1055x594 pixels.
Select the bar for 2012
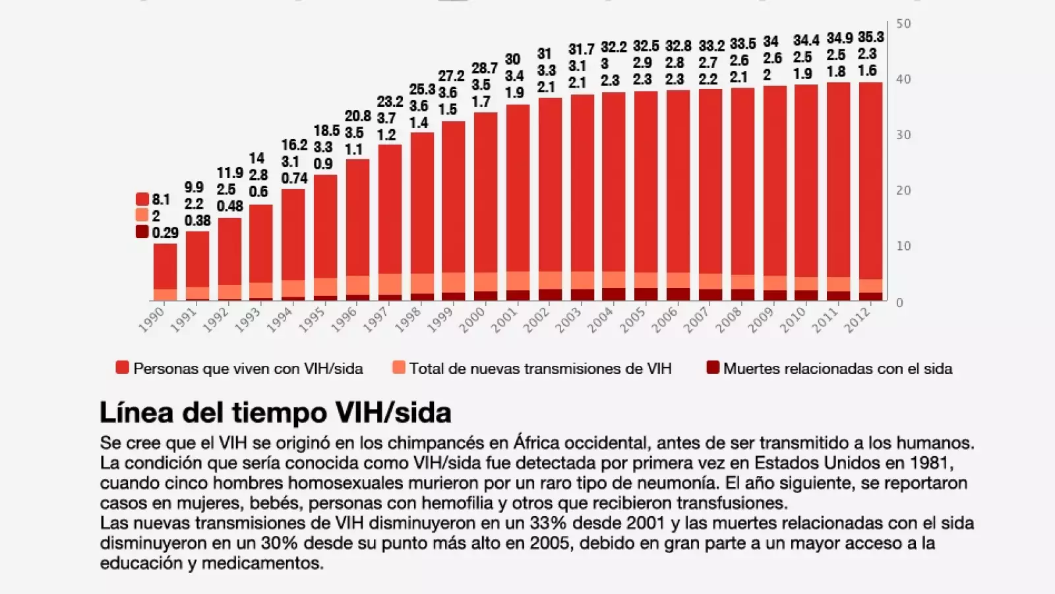tap(870, 191)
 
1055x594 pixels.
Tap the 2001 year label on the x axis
tap(506, 319)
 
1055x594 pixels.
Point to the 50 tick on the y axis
tap(903, 24)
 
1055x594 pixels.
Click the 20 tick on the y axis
tap(903, 190)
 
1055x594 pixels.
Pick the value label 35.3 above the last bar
tap(870, 38)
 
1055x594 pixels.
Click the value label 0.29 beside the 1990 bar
tap(165, 233)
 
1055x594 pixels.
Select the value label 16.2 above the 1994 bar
tap(294, 145)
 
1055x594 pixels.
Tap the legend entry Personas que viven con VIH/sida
tap(247, 369)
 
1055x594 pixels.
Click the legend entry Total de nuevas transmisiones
tap(539, 369)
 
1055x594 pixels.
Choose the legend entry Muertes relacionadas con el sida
tap(837, 369)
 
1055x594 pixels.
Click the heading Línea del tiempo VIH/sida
tap(275, 413)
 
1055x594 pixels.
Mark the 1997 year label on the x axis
tap(377, 319)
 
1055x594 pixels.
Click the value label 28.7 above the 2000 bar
tap(484, 69)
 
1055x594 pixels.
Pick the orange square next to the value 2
tap(142, 215)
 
